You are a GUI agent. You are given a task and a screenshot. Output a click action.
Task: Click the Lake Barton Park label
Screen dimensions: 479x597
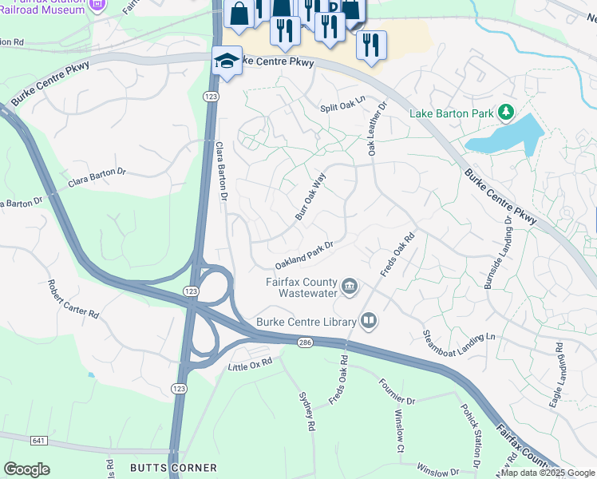click(x=452, y=113)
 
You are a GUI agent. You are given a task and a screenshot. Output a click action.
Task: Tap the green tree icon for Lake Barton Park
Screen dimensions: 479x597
click(x=505, y=113)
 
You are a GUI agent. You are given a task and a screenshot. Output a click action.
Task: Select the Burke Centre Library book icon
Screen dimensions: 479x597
click(x=368, y=322)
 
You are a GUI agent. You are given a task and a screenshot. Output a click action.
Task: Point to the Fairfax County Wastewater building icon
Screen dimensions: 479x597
click(x=350, y=286)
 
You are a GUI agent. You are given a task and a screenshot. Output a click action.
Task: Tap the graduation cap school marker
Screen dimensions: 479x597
click(x=227, y=61)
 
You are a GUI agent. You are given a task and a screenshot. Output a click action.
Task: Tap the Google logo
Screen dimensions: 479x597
click(x=26, y=469)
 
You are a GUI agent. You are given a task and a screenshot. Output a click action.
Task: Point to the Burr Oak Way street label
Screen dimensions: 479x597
click(x=310, y=198)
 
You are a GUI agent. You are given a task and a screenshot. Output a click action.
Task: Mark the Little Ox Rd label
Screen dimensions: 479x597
click(x=250, y=362)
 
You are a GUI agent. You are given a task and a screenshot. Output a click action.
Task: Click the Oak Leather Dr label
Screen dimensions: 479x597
click(x=376, y=128)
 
